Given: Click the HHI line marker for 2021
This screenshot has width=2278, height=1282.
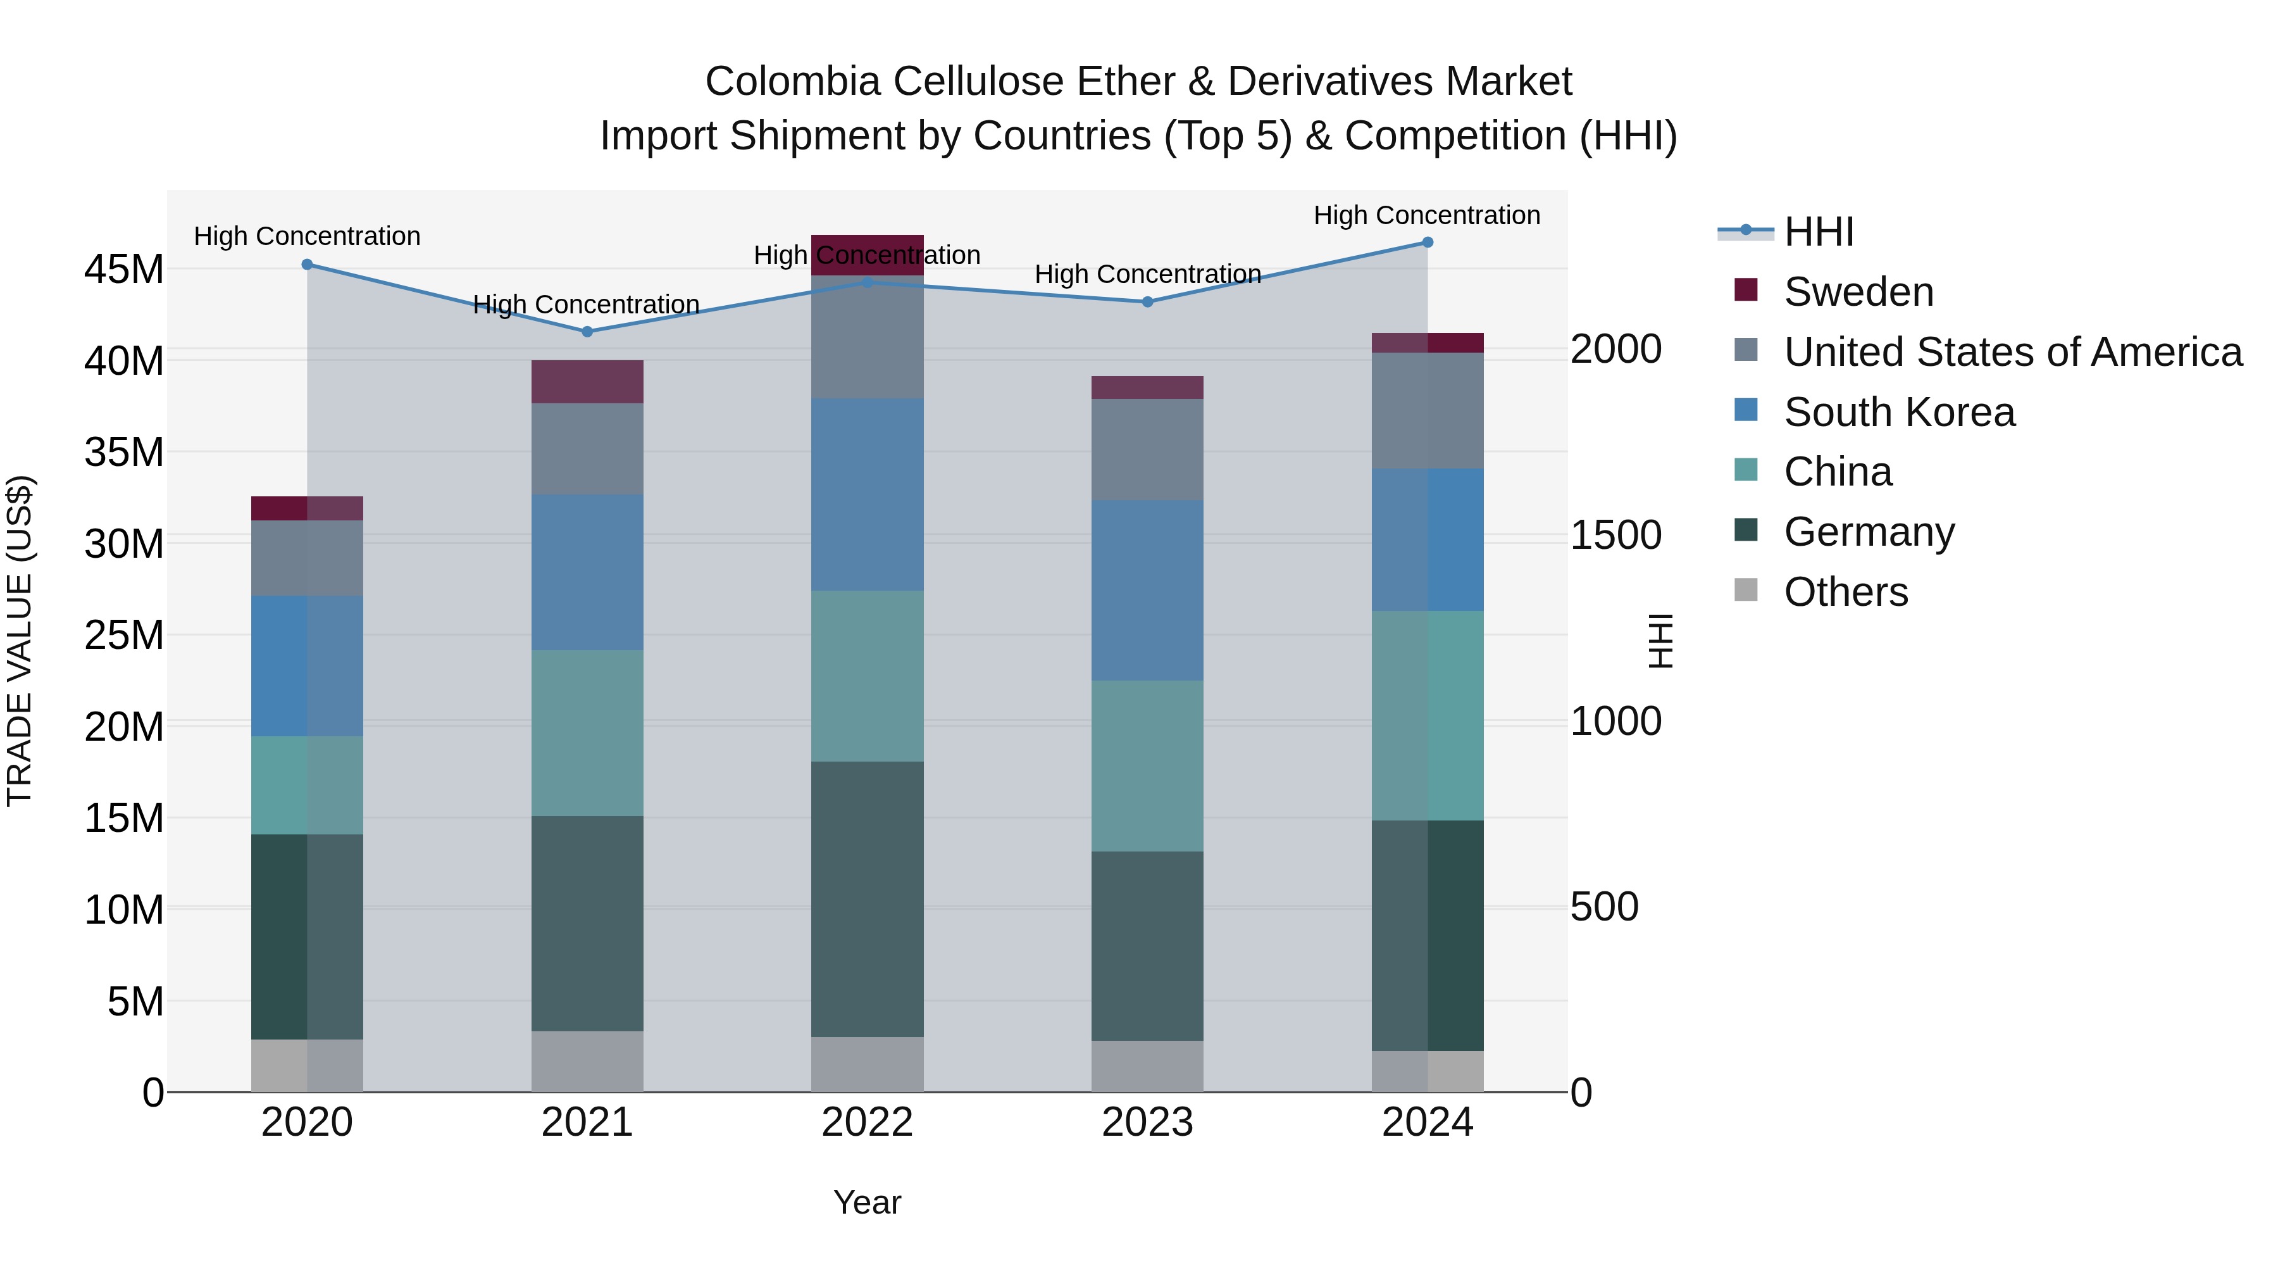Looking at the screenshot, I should pos(587,332).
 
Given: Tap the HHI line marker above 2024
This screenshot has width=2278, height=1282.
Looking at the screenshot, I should pos(1428,242).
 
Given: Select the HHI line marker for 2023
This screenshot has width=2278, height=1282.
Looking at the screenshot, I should pos(1148,302).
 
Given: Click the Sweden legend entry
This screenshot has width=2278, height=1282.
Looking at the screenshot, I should pos(1857,292).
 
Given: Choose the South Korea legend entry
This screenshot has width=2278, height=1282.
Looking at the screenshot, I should pos(1898,412).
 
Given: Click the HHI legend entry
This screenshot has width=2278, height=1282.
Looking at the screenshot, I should pos(1817,232).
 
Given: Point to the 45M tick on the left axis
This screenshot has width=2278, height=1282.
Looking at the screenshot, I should pos(124,269).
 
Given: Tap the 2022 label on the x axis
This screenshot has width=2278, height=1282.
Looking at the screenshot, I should pos(867,1122).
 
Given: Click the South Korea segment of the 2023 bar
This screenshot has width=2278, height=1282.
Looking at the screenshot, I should pos(1147,590).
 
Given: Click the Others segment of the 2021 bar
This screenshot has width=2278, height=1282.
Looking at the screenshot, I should pos(587,1061).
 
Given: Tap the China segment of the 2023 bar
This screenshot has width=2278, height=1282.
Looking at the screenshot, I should pos(1147,765).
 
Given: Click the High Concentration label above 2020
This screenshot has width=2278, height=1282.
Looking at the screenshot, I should pos(307,236).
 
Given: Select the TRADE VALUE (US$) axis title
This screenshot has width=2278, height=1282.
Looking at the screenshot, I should pos(20,641).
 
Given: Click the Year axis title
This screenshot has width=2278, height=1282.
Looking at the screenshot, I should pos(867,1202).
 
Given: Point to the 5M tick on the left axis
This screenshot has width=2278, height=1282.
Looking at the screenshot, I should pos(135,1002).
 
